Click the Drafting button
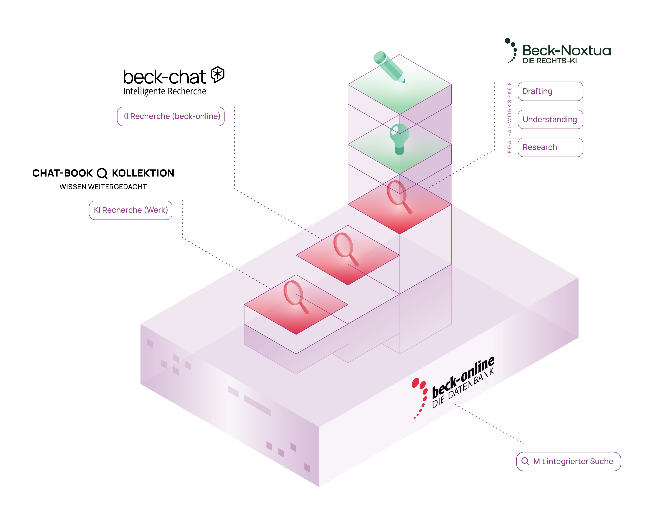tap(550, 91)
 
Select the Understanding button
tap(550, 119)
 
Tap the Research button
tap(550, 147)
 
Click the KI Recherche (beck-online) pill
tap(171, 116)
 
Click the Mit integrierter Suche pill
tap(568, 461)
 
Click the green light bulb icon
tap(399, 139)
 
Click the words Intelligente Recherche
tap(164, 91)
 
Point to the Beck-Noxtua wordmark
tap(566, 51)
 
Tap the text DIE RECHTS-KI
tap(549, 61)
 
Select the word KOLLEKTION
tap(143, 173)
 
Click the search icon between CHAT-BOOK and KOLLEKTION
tap(102, 173)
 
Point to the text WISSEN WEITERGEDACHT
tap(103, 187)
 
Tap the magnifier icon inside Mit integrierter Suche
tap(525, 461)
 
